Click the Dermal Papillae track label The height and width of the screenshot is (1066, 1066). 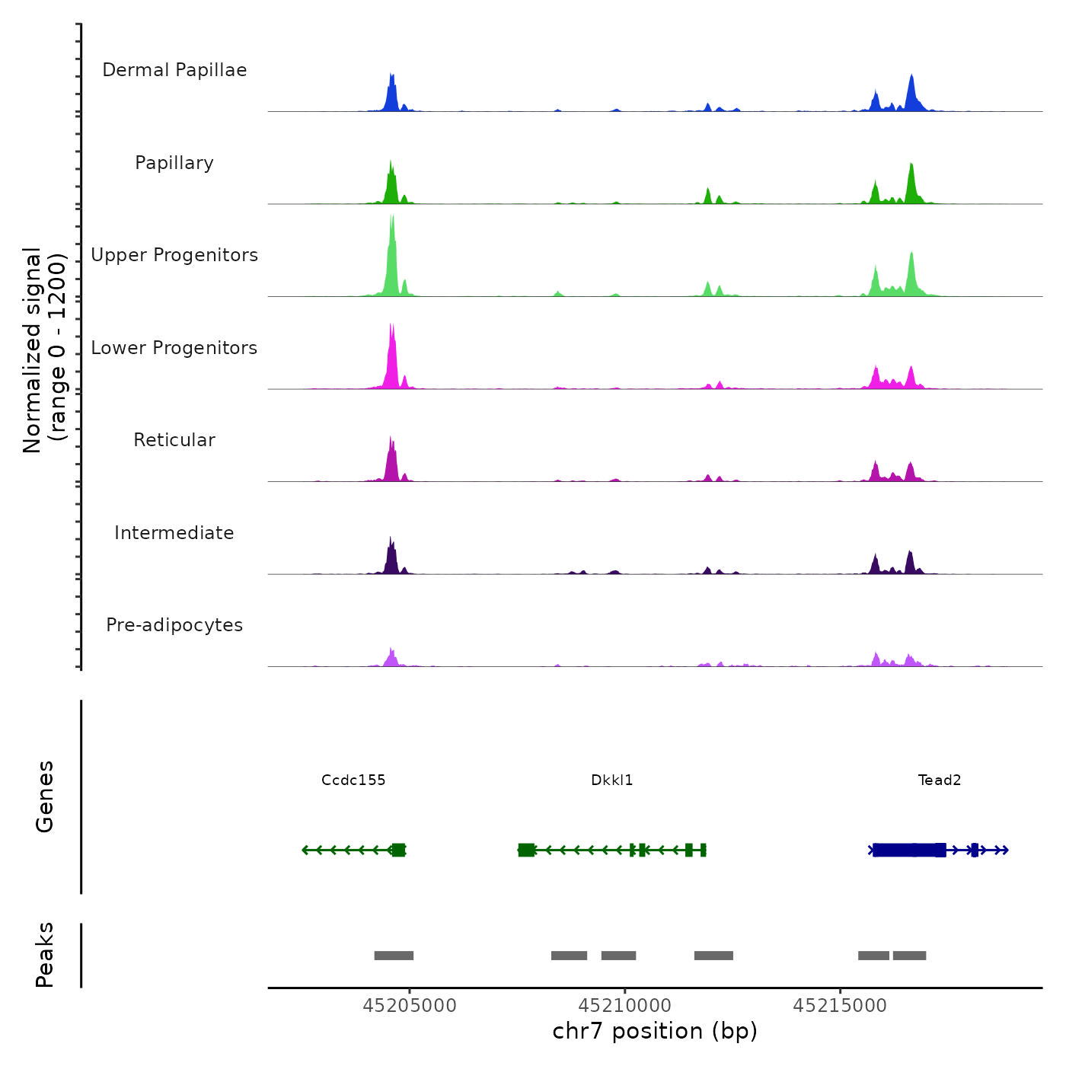[174, 70]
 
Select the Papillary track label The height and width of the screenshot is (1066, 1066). [174, 163]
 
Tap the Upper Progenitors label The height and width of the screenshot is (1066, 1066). [174, 255]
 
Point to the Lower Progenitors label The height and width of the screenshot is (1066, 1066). [174, 348]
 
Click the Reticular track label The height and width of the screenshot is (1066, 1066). [174, 440]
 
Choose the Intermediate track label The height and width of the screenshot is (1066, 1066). [174, 533]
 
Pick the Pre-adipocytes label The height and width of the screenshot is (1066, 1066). [174, 625]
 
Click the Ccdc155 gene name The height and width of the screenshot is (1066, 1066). [353, 780]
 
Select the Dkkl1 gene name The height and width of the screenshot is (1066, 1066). [612, 780]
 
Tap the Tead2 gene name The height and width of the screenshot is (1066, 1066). [940, 780]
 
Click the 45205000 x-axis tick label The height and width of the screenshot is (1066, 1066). [410, 1006]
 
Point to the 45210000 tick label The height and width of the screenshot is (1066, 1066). [625, 1006]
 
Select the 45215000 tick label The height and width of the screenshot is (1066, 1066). [840, 1006]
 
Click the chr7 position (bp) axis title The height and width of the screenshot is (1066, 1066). [655, 1031]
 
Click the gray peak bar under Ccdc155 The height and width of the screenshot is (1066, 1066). [394, 956]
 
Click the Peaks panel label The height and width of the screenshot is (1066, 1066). [44, 955]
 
